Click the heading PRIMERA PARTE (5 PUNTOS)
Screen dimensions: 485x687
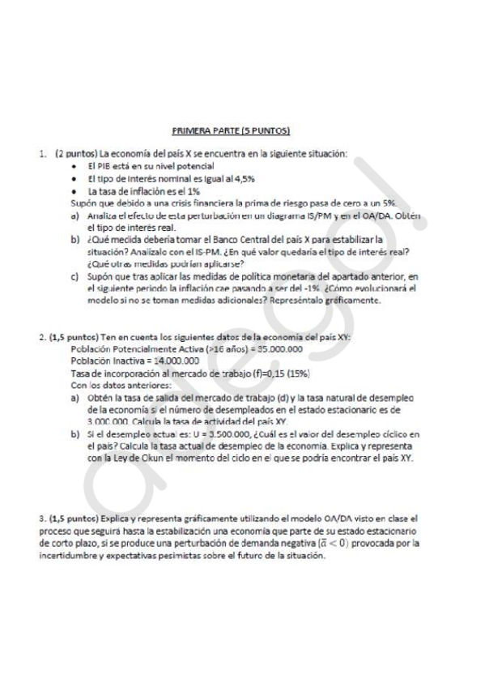coord(231,130)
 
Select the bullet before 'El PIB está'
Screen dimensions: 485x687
coord(74,165)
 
